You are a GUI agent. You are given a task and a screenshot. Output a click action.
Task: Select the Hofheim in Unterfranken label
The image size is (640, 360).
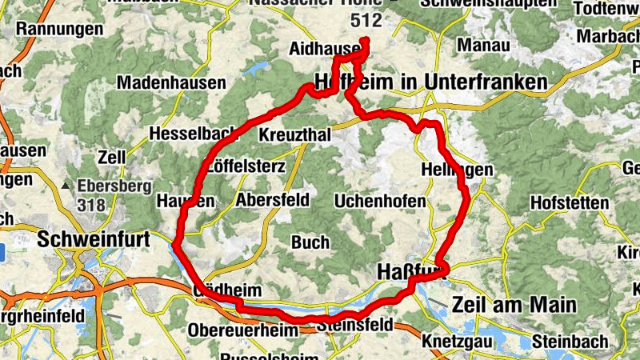pyautogui.click(x=432, y=82)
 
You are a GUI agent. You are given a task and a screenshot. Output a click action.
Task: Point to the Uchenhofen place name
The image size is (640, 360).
pyautogui.click(x=380, y=201)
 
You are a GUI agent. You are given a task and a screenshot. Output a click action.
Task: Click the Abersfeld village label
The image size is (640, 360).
pyautogui.click(x=273, y=200)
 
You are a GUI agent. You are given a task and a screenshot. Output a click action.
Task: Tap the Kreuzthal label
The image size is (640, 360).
pyautogui.click(x=295, y=135)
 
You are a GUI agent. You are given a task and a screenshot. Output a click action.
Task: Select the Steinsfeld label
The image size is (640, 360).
pyautogui.click(x=354, y=326)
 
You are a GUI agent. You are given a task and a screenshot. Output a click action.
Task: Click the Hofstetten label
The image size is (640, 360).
pyautogui.click(x=570, y=203)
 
